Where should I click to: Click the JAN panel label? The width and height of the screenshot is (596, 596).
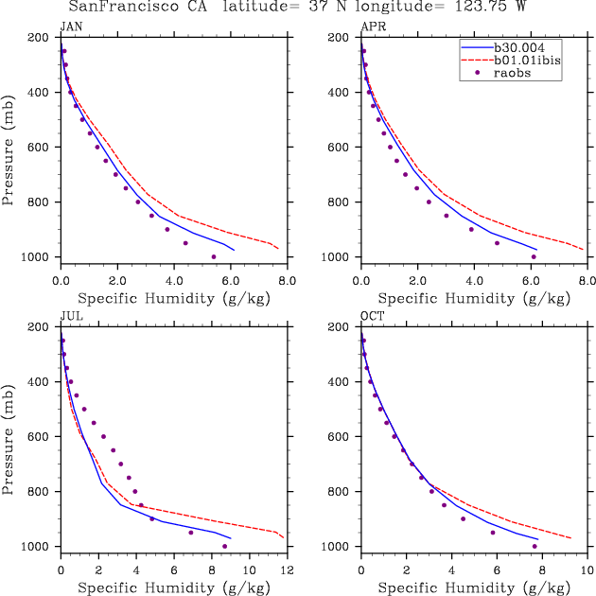(69, 26)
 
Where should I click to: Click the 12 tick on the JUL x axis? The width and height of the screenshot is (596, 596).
(287, 570)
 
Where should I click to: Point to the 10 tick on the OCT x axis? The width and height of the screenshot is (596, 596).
(587, 570)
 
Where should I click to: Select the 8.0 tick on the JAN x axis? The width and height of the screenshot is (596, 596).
(287, 281)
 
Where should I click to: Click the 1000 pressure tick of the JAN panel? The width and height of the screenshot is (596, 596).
(39, 257)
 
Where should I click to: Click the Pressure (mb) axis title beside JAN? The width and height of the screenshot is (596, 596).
(9, 148)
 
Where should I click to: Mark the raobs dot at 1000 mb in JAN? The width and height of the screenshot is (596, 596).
(214, 256)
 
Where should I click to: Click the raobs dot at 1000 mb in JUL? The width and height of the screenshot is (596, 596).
(224, 546)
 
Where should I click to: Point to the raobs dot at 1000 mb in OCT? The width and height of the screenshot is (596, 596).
(535, 546)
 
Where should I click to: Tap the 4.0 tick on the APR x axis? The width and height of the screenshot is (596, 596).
(474, 281)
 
